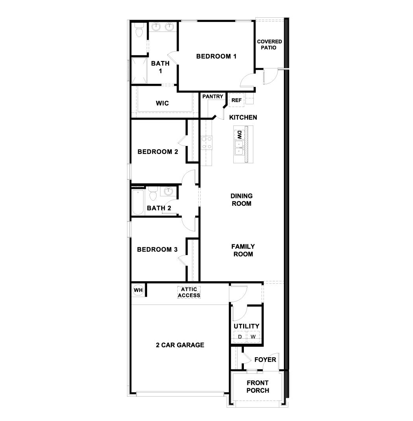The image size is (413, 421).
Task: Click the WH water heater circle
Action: click(138, 290)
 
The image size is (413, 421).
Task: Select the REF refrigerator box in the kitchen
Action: click(236, 100)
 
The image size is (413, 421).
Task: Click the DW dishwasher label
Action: click(239, 135)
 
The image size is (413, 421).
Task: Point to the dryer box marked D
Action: click(240, 337)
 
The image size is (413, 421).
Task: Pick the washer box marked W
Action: click(253, 337)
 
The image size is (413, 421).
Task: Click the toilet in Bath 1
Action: click(139, 31)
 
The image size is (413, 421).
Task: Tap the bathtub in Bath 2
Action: click(138, 203)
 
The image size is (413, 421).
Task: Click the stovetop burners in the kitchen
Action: click(206, 142)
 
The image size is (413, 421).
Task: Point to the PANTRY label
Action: click(213, 96)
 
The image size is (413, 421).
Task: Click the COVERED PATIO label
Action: click(269, 44)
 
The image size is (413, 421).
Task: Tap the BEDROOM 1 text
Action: click(216, 56)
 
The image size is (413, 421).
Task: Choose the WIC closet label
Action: click(162, 103)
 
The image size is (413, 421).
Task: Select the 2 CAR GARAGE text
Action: click(180, 345)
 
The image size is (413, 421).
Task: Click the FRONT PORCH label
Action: click(258, 387)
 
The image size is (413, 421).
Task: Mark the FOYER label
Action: click(265, 360)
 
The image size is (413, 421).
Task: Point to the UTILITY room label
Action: click(247, 326)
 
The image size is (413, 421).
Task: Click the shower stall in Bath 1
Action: click(138, 70)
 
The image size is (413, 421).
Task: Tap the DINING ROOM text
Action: click(242, 200)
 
